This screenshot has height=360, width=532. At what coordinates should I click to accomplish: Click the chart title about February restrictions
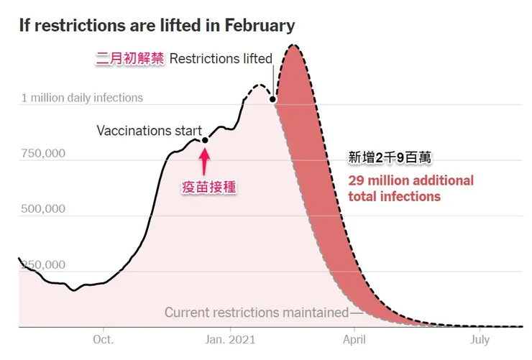pyautogui.click(x=157, y=25)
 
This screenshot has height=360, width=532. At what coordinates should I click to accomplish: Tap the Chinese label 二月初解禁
pyautogui.click(x=130, y=59)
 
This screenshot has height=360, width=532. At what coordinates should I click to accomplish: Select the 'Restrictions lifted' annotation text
pyautogui.click(x=221, y=59)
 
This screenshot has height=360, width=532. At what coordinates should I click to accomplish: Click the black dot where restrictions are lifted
pyautogui.click(x=273, y=99)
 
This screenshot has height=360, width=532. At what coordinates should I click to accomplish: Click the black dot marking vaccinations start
pyautogui.click(x=205, y=140)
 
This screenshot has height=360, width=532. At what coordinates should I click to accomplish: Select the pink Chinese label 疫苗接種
pyautogui.click(x=208, y=187)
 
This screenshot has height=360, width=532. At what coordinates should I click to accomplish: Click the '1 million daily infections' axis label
pyautogui.click(x=82, y=98)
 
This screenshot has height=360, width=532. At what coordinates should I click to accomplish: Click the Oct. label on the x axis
pyautogui.click(x=103, y=338)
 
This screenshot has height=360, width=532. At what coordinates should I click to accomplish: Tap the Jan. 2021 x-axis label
pyautogui.click(x=229, y=338)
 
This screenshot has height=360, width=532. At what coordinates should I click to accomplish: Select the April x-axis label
pyautogui.click(x=354, y=338)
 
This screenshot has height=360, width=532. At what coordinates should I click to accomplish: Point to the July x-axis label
pyautogui.click(x=480, y=338)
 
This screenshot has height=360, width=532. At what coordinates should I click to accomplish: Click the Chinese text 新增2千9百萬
pyautogui.click(x=389, y=157)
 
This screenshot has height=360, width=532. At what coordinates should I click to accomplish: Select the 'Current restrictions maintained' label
pyautogui.click(x=255, y=313)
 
